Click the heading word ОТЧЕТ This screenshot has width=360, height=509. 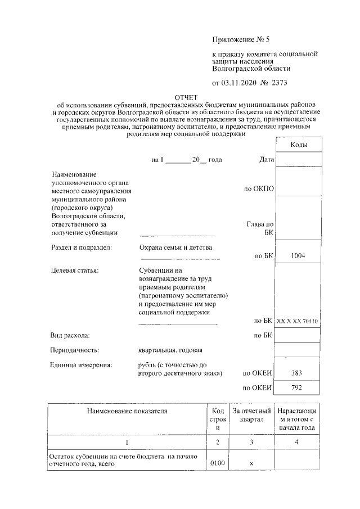(x=187, y=97)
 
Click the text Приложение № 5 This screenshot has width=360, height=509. (x=241, y=39)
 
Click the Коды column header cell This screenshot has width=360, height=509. (x=298, y=145)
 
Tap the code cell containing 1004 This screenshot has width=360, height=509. (x=298, y=256)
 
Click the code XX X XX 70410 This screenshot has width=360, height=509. (x=298, y=321)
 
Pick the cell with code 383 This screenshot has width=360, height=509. (x=298, y=373)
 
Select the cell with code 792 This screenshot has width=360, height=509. (x=298, y=388)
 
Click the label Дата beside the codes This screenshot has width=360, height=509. (x=267, y=160)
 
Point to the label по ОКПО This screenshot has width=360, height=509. (x=259, y=189)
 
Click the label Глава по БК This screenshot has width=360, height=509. (x=260, y=228)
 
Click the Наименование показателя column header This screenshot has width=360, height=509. (x=127, y=412)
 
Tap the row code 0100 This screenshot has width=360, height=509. (x=217, y=463)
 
